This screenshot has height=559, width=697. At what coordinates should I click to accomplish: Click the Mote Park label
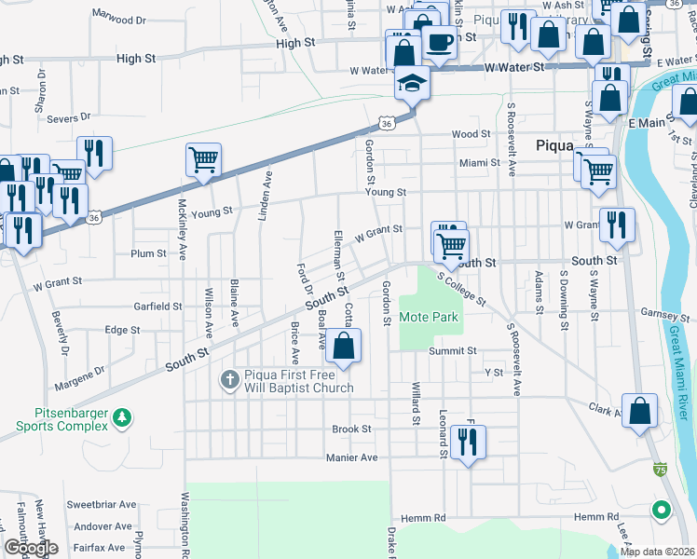pyautogui.click(x=429, y=317)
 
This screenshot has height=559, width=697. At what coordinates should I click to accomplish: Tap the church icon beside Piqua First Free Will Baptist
pyautogui.click(x=229, y=379)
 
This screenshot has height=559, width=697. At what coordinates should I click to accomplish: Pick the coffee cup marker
pyautogui.click(x=439, y=42)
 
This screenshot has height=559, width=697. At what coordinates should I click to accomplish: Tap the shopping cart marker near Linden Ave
pyautogui.click(x=203, y=158)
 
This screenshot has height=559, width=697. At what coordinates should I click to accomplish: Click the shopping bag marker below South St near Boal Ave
pyautogui.click(x=344, y=347)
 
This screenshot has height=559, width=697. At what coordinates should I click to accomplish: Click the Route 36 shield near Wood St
pyautogui.click(x=387, y=122)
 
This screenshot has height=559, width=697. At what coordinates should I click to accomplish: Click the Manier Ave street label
pyautogui.click(x=351, y=457)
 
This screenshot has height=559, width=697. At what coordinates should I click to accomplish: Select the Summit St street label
pyautogui.click(x=453, y=351)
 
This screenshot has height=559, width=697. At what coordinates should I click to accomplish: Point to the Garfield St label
pyautogui.click(x=157, y=306)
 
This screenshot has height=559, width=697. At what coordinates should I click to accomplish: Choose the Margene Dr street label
pyautogui.click(x=80, y=379)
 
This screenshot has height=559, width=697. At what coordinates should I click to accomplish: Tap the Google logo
pyautogui.click(x=31, y=548)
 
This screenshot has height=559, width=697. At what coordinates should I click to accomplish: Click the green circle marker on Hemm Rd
pyautogui.click(x=661, y=511)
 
